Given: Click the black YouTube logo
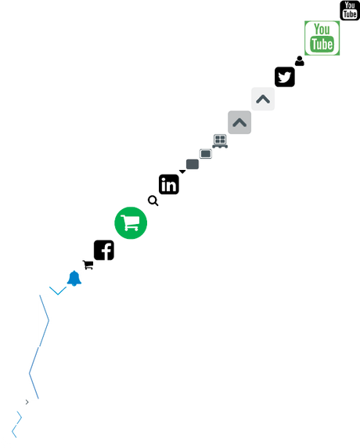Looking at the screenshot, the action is coord(350,10).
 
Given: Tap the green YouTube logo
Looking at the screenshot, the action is coord(322,38).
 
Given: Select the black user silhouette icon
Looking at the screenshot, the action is coord(300,61).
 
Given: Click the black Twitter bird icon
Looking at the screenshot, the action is coord(285,77).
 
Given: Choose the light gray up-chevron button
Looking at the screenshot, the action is coord(263,99).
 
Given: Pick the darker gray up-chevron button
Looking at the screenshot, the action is coord(239,122).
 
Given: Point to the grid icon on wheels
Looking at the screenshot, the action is coord(220,141).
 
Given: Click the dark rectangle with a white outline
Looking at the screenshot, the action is coord(206,154).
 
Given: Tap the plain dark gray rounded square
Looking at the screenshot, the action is coord(193,164).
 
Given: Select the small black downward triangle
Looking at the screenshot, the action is coord(182,172).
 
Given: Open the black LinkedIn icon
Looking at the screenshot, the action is coord(169,184).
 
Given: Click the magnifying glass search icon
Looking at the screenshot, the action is coord(153,201).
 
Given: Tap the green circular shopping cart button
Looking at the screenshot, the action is coord(131,223).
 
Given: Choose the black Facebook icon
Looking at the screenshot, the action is coord(104,250).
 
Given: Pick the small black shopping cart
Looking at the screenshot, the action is coord(88,265).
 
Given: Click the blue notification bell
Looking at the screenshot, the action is coord(74,278).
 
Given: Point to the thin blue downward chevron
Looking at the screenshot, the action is coord(58,294).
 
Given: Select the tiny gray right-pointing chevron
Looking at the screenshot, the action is coord(27,402).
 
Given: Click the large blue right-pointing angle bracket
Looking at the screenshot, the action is coord(49,320).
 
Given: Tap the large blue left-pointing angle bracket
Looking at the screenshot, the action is coord(30,373).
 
